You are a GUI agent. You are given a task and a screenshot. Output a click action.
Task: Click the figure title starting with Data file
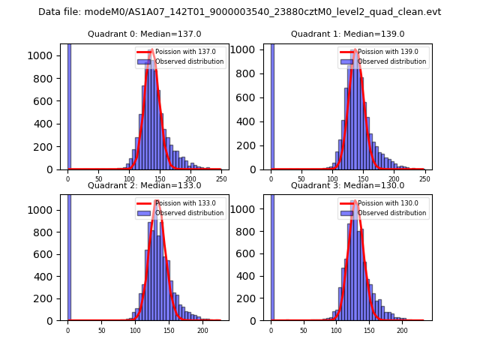pos(239,12)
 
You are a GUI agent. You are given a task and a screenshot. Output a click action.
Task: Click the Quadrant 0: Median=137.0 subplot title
pos(145,34)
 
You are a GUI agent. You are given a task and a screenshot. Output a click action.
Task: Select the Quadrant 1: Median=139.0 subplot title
pos(348,34)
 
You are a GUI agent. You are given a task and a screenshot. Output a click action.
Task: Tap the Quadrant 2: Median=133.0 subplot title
pos(145,185)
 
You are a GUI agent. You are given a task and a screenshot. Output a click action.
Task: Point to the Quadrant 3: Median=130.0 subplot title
pos(348,185)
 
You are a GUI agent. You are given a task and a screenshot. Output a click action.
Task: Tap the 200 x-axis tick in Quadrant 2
pos(202,330)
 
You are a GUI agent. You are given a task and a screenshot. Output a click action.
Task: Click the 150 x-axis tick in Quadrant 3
pos(369,330)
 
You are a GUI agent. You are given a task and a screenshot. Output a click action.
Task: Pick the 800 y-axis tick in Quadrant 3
pos(252,232)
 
